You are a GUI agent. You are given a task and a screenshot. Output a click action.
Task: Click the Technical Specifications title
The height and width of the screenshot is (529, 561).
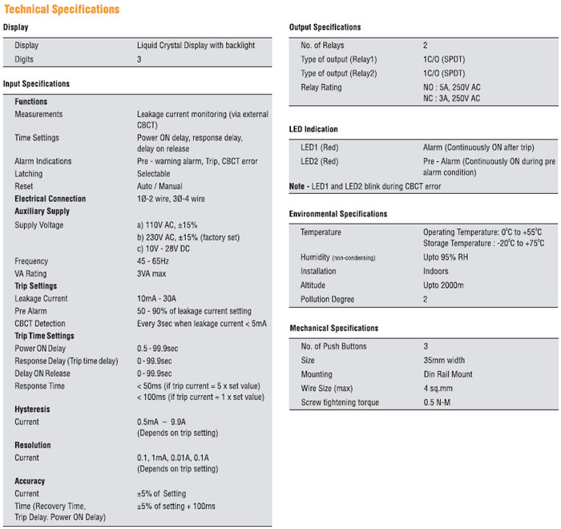[62, 10]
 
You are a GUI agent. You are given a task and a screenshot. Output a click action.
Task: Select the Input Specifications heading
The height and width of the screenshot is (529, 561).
[36, 83]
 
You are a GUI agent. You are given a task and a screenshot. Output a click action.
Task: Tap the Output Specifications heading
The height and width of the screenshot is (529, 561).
[325, 27]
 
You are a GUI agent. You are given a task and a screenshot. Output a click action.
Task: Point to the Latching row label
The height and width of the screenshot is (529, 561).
[29, 173]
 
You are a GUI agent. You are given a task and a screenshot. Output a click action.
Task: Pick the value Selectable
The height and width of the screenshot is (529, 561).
[154, 173]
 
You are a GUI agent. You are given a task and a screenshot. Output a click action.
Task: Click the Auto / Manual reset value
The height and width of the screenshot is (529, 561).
[159, 186]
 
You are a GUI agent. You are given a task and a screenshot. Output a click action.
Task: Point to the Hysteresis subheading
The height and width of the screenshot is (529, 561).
[33, 409]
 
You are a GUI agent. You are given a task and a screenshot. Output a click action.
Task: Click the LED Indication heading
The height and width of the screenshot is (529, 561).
[313, 129]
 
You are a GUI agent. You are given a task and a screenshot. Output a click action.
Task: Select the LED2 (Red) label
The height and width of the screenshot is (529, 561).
[320, 160]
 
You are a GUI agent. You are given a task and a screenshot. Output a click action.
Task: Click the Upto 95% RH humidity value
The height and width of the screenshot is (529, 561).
[452, 257]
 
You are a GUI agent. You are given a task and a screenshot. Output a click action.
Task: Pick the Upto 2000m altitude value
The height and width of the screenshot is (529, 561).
[443, 285]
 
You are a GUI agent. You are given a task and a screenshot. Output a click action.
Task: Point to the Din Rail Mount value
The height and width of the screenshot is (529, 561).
[448, 374]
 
